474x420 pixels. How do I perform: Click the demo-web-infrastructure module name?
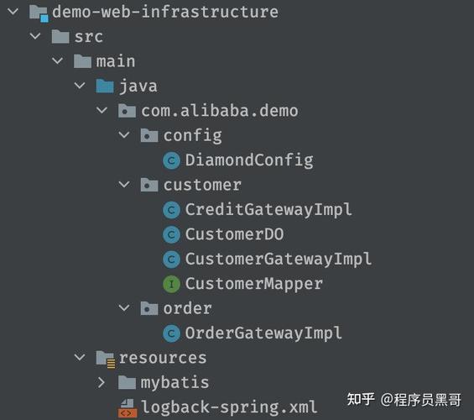[x=165, y=12]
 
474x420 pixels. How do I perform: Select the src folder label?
[x=89, y=37]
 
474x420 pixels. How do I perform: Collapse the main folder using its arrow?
[x=57, y=61]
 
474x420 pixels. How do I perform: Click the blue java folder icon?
[x=105, y=86]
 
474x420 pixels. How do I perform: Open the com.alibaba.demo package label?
[x=220, y=111]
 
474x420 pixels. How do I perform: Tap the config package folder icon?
[x=149, y=135]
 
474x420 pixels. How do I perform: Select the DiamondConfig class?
[x=249, y=160]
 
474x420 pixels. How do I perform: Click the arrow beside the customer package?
[x=124, y=184]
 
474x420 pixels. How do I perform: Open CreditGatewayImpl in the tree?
[x=268, y=209]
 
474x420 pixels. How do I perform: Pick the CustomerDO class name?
[x=235, y=234]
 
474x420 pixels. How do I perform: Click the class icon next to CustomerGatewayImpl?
[x=171, y=260]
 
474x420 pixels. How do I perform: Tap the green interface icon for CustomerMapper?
[x=171, y=284]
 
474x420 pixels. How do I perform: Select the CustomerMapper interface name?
[x=254, y=284]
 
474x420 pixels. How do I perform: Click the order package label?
[x=187, y=308]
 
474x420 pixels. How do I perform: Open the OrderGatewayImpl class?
[x=263, y=333]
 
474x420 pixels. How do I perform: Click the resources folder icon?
[x=106, y=359]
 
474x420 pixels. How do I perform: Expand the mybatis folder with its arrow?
[x=102, y=383]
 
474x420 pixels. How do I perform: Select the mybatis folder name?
[x=174, y=383]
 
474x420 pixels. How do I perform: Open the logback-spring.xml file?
[x=229, y=407]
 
